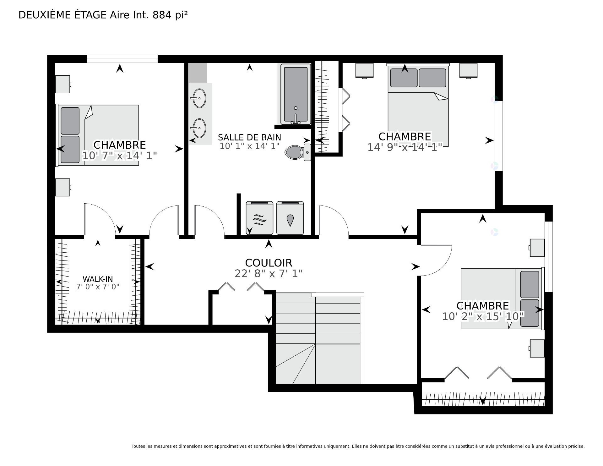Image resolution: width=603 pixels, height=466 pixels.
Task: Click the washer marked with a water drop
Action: pos(290,218)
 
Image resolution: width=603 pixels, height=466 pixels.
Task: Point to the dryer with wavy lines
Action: pos(259,218)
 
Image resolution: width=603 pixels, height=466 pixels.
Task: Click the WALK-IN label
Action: pos(98,279)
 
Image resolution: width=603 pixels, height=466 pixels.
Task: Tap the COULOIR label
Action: pos(269,263)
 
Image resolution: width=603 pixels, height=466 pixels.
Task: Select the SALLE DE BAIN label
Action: pos(249,137)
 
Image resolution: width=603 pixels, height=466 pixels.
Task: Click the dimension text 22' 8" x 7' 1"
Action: pos(269,274)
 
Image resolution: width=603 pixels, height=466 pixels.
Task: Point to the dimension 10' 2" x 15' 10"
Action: pos(483,316)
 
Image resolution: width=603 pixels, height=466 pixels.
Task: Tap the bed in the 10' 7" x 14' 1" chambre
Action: pos(97,135)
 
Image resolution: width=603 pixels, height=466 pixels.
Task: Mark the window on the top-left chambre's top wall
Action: pos(122,59)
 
